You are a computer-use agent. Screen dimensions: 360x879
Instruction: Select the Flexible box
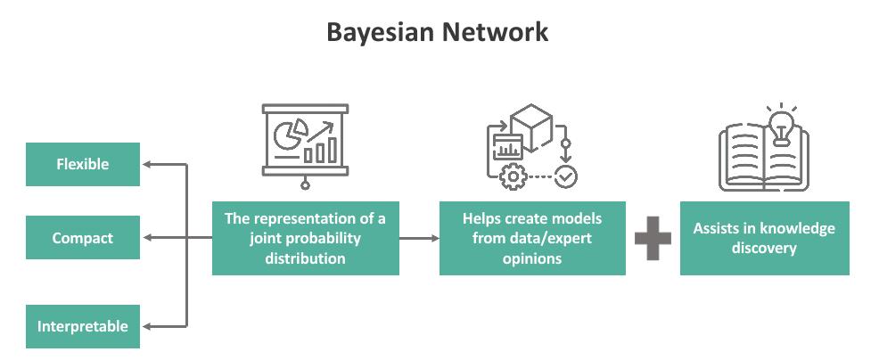click(83, 165)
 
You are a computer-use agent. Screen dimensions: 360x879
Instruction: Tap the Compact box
click(83, 238)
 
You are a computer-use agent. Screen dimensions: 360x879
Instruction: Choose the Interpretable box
click(83, 326)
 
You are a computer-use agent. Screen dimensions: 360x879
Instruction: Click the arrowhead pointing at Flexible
click(148, 165)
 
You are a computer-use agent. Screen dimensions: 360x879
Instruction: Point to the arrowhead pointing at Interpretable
click(148, 326)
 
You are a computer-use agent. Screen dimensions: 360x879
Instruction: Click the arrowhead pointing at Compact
click(148, 238)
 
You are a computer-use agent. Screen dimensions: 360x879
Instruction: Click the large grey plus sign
click(653, 238)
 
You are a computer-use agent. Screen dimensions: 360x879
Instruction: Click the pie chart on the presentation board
click(287, 135)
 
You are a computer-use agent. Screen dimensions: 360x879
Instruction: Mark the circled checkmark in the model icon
click(565, 177)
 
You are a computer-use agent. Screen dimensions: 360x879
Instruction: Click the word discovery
click(764, 248)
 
